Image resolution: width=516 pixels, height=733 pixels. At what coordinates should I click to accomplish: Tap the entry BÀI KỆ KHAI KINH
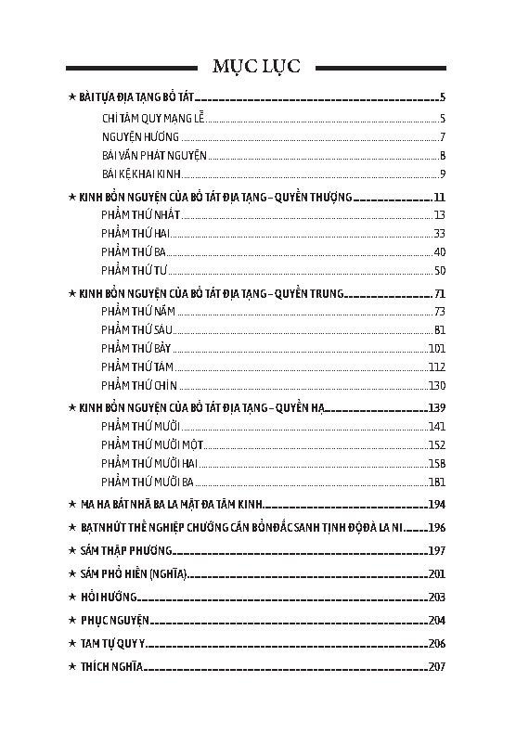(x=140, y=174)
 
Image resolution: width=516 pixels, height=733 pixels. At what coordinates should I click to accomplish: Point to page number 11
(x=440, y=198)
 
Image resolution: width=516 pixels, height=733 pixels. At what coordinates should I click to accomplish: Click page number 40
(x=440, y=251)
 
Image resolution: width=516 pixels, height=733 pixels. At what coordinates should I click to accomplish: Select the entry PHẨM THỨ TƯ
(x=134, y=270)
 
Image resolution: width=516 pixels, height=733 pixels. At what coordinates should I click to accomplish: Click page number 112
(x=437, y=366)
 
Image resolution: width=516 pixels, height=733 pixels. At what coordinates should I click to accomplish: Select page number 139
(x=437, y=408)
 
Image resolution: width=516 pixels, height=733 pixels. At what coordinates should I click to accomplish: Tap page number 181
(x=437, y=482)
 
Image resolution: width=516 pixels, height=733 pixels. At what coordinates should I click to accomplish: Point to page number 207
(x=437, y=666)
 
